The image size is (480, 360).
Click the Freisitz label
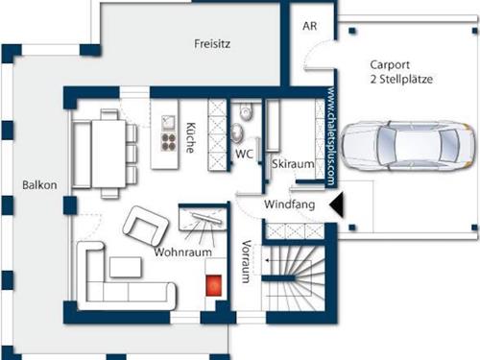coord(212,43)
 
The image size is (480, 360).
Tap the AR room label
coord(309,26)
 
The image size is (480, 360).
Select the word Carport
coord(390,65)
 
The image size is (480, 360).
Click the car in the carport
coord(407,145)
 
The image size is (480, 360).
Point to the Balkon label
coord(39,185)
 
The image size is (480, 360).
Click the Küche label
coord(190,137)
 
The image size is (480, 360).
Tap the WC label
coord(244,154)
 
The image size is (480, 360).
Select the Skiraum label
coord(293,164)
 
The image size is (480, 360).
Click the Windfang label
coord(290,204)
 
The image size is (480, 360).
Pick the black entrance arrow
coord(337,205)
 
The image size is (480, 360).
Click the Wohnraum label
coord(182,252)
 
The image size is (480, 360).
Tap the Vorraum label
coord(246,261)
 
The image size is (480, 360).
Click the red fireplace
coord(213,285)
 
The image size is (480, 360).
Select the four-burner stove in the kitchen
coord(169,142)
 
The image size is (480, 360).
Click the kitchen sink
coord(169,123)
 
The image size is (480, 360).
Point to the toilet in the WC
coord(246,112)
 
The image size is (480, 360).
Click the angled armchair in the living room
coord(146,226)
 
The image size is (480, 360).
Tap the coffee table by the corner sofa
coord(126,267)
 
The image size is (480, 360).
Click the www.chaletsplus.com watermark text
coord(331,136)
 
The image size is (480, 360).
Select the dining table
coord(108,154)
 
